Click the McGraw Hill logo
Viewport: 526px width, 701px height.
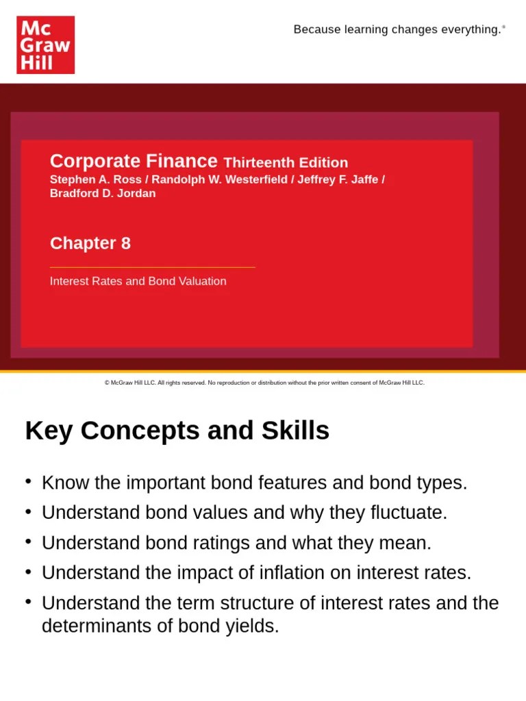click(x=45, y=45)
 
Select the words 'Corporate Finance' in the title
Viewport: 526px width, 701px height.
click(x=134, y=161)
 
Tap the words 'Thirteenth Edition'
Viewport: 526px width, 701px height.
click(x=286, y=163)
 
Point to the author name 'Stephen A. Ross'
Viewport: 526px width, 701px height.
click(x=95, y=179)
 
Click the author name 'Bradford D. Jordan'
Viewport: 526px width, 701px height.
click(x=103, y=193)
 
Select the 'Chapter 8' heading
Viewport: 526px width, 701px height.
click(x=90, y=243)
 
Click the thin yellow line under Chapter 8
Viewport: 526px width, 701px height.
click(x=152, y=267)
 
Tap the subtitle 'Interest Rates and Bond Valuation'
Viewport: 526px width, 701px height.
click(x=138, y=281)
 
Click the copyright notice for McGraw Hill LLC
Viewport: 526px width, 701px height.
click(x=264, y=383)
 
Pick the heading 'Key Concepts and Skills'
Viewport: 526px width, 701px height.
click(x=177, y=431)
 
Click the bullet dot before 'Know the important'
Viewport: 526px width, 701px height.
click(x=29, y=481)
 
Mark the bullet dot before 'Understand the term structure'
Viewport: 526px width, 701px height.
click(x=29, y=602)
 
